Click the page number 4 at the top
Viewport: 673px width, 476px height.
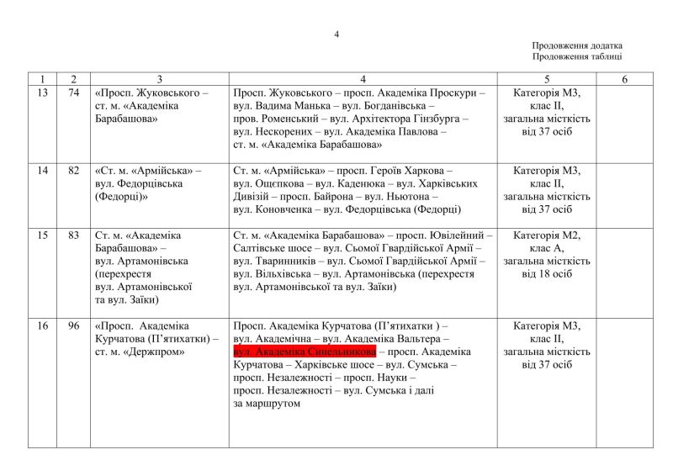[336, 34]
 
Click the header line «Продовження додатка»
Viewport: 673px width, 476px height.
[577, 46]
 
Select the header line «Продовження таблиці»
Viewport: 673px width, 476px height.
[577, 57]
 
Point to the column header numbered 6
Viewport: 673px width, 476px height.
[624, 79]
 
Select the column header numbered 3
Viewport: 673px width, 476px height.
[159, 79]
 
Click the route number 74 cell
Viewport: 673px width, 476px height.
[74, 93]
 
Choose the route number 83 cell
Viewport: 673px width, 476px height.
[74, 235]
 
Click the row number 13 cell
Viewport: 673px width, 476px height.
[43, 93]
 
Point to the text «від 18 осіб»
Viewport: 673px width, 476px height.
[552, 274]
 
